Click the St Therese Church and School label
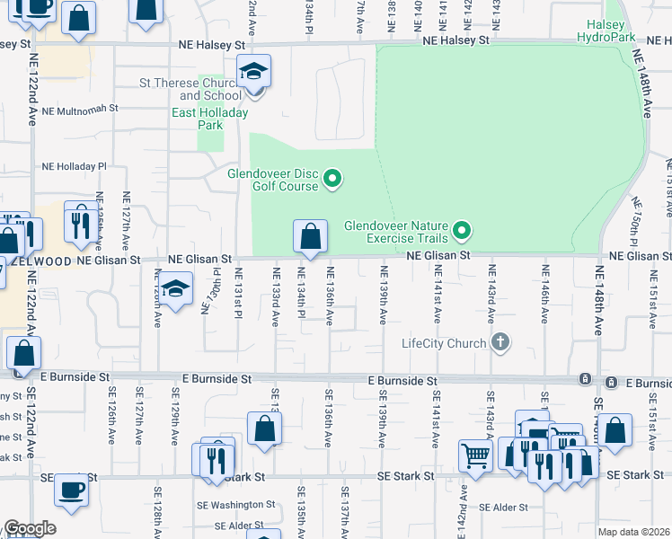[x=190, y=89]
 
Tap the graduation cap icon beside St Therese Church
[x=254, y=72]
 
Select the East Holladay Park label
[x=210, y=119]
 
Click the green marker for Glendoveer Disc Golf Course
[x=332, y=180]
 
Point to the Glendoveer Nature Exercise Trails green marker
[x=462, y=232]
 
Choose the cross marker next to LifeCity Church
[x=501, y=342]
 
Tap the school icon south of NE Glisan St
[x=177, y=289]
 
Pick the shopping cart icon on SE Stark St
[x=474, y=454]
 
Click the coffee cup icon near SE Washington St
[x=71, y=490]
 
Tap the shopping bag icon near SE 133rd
[x=264, y=429]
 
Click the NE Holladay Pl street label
[x=74, y=166]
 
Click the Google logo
[x=30, y=528]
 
